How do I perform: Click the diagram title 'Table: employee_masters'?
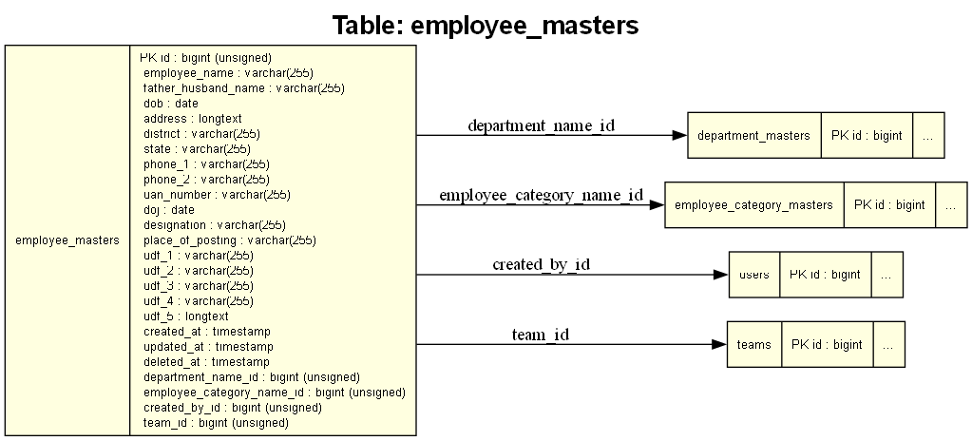point(486,25)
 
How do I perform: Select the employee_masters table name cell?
point(67,240)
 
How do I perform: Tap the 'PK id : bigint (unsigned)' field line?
point(205,58)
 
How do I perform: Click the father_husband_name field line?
point(243,88)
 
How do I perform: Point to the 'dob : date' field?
point(171,104)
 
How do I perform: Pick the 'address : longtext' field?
point(193,119)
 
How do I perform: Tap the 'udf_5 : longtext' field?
point(186,316)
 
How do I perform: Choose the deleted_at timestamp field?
point(207,362)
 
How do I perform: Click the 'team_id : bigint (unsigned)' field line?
point(216,423)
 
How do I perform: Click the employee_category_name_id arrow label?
point(541,195)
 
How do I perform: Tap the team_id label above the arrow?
point(541,334)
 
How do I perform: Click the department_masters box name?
point(753,136)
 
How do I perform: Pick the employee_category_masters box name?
point(753,205)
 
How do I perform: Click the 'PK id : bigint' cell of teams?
point(827,344)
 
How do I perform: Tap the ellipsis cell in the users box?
point(886,275)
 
